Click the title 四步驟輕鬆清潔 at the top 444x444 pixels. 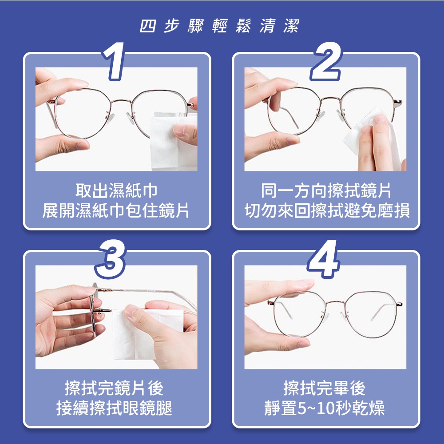(x=219, y=26)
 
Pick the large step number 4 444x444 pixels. (x=323, y=259)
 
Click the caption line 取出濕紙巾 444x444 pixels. (x=116, y=190)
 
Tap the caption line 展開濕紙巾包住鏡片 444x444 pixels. (x=115, y=210)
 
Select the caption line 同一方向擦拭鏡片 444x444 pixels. (x=326, y=190)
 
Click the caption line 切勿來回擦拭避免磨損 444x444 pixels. (x=327, y=210)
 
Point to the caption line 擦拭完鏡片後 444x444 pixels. (x=114, y=388)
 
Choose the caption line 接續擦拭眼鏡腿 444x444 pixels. (x=114, y=408)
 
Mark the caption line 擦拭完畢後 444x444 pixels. (x=325, y=388)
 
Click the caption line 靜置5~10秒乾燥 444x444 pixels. (x=325, y=408)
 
